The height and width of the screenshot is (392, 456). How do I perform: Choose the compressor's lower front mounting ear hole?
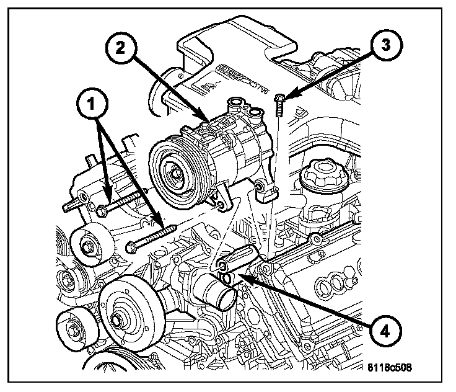(x=219, y=203)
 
